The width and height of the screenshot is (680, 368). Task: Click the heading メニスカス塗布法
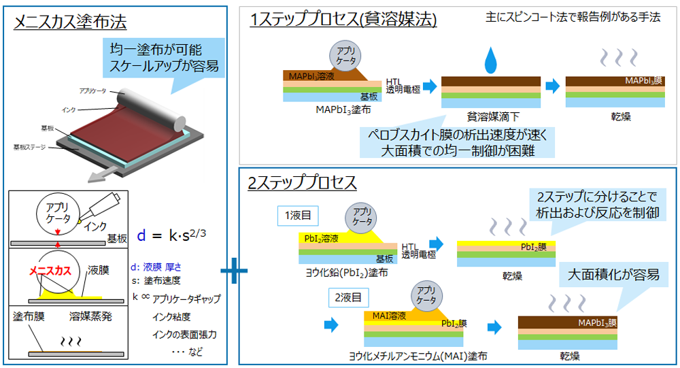70,22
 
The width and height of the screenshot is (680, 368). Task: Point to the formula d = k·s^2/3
172,235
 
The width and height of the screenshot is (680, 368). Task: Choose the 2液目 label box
346,297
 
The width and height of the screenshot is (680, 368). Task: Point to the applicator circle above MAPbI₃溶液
345,55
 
